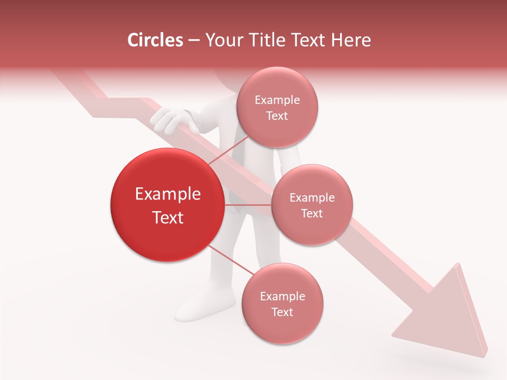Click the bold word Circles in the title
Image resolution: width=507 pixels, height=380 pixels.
point(155,40)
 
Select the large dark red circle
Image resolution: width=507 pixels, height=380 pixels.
point(167,205)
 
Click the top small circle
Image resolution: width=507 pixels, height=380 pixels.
point(277,107)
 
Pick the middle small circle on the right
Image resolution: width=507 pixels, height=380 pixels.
point(312,205)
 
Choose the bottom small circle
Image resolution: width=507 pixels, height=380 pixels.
point(282,303)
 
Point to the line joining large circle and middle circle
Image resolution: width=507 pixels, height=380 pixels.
point(248,205)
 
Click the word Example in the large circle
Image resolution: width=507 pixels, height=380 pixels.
point(167,194)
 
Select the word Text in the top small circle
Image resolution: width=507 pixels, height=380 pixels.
point(277,116)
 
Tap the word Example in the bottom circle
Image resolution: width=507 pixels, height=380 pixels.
point(282,296)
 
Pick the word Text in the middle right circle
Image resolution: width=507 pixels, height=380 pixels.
point(312,213)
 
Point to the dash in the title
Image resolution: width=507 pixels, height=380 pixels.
point(193,40)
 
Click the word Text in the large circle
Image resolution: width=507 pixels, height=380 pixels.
point(167,217)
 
